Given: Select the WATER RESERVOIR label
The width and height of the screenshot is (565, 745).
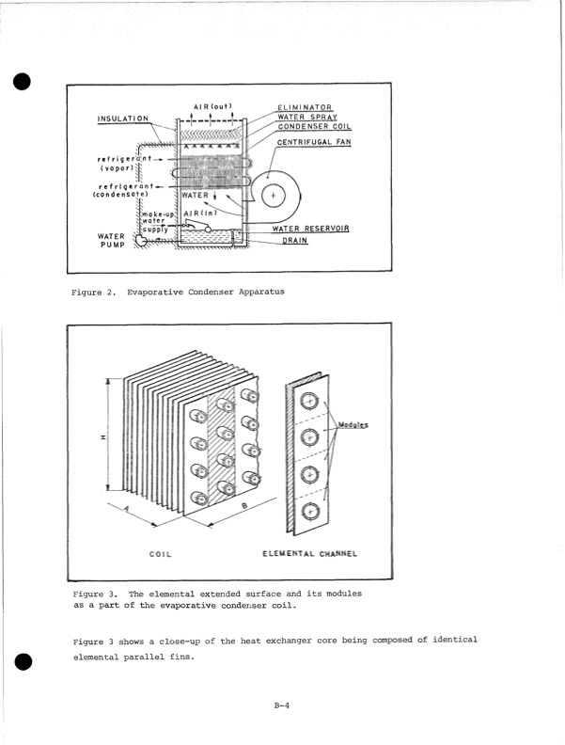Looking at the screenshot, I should (312, 229).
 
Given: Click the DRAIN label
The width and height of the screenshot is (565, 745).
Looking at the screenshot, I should (295, 241).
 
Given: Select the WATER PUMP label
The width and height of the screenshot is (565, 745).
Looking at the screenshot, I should (112, 241).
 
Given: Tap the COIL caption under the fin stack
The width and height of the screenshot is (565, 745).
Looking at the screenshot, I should (160, 553).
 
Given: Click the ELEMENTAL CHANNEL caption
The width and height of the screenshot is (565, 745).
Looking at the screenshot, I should (311, 553).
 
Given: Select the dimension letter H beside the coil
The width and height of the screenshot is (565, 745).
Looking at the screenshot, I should (103, 438).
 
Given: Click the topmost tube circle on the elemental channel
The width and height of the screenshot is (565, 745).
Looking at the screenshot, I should (311, 402).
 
